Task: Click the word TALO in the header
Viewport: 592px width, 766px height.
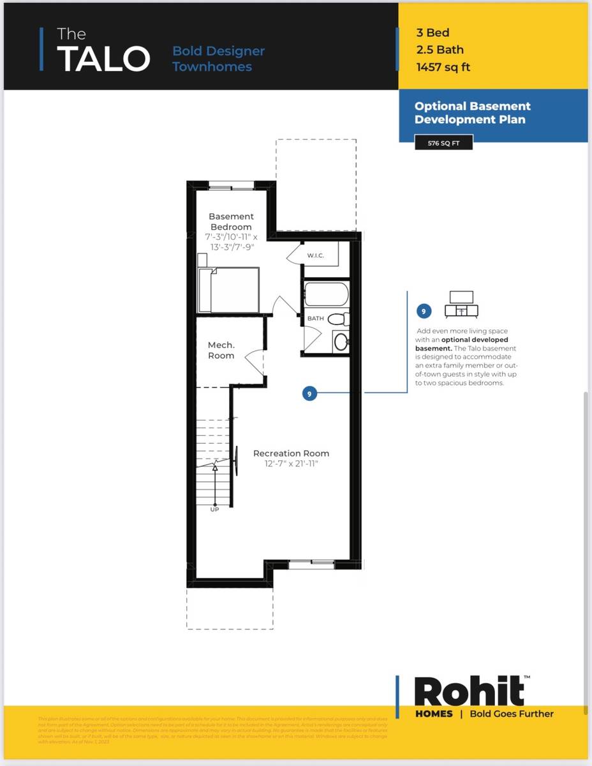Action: coord(103,59)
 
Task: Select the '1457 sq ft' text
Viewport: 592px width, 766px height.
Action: coord(443,66)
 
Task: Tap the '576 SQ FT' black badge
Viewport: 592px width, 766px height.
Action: coord(443,143)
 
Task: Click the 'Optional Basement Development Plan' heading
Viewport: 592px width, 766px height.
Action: coord(473,113)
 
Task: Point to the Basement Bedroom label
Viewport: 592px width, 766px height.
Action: coord(231,222)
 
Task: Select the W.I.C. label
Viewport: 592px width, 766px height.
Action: coord(316,255)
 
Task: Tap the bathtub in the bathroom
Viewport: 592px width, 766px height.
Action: coord(326,294)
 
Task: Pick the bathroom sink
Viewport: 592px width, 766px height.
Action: coord(341,342)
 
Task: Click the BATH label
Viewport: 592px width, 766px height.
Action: coord(315,318)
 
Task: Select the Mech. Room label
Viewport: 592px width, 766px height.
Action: coord(221,350)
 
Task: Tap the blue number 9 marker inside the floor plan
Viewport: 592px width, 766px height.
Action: coord(309,394)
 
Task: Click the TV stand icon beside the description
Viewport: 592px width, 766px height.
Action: coord(462,304)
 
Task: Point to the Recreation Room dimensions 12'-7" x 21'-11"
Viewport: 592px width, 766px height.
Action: coord(291,464)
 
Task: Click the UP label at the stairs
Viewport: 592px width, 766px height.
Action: coord(214,509)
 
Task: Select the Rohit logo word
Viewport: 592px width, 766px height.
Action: coord(469,691)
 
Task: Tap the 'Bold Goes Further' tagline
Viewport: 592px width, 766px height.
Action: coord(512,714)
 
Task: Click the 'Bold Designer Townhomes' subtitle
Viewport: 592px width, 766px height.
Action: coord(218,59)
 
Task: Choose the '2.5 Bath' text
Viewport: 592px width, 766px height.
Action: coord(440,50)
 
